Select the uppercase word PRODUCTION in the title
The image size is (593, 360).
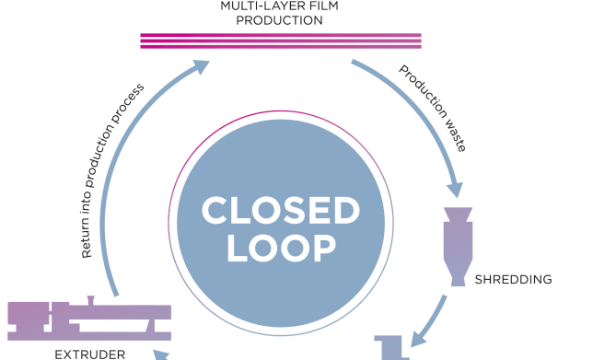[280, 19]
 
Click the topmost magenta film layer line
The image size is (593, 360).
[280, 35]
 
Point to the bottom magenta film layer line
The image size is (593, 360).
[280, 46]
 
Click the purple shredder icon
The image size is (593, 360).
[458, 245]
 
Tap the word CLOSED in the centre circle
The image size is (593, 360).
[280, 211]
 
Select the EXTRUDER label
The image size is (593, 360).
[76, 352]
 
